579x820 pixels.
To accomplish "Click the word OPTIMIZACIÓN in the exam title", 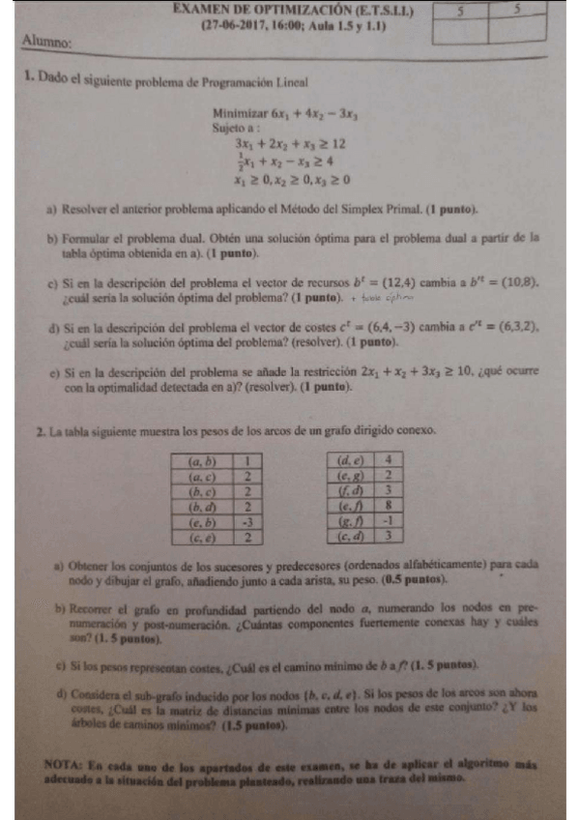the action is [289, 9].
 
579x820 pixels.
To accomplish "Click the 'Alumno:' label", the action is [45, 44].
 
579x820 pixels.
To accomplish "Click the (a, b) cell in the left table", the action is [202, 461].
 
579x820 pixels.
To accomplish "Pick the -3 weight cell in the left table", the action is [248, 522].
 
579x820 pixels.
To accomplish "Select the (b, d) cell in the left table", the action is [202, 507].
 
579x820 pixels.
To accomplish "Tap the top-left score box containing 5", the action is [462, 11].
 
